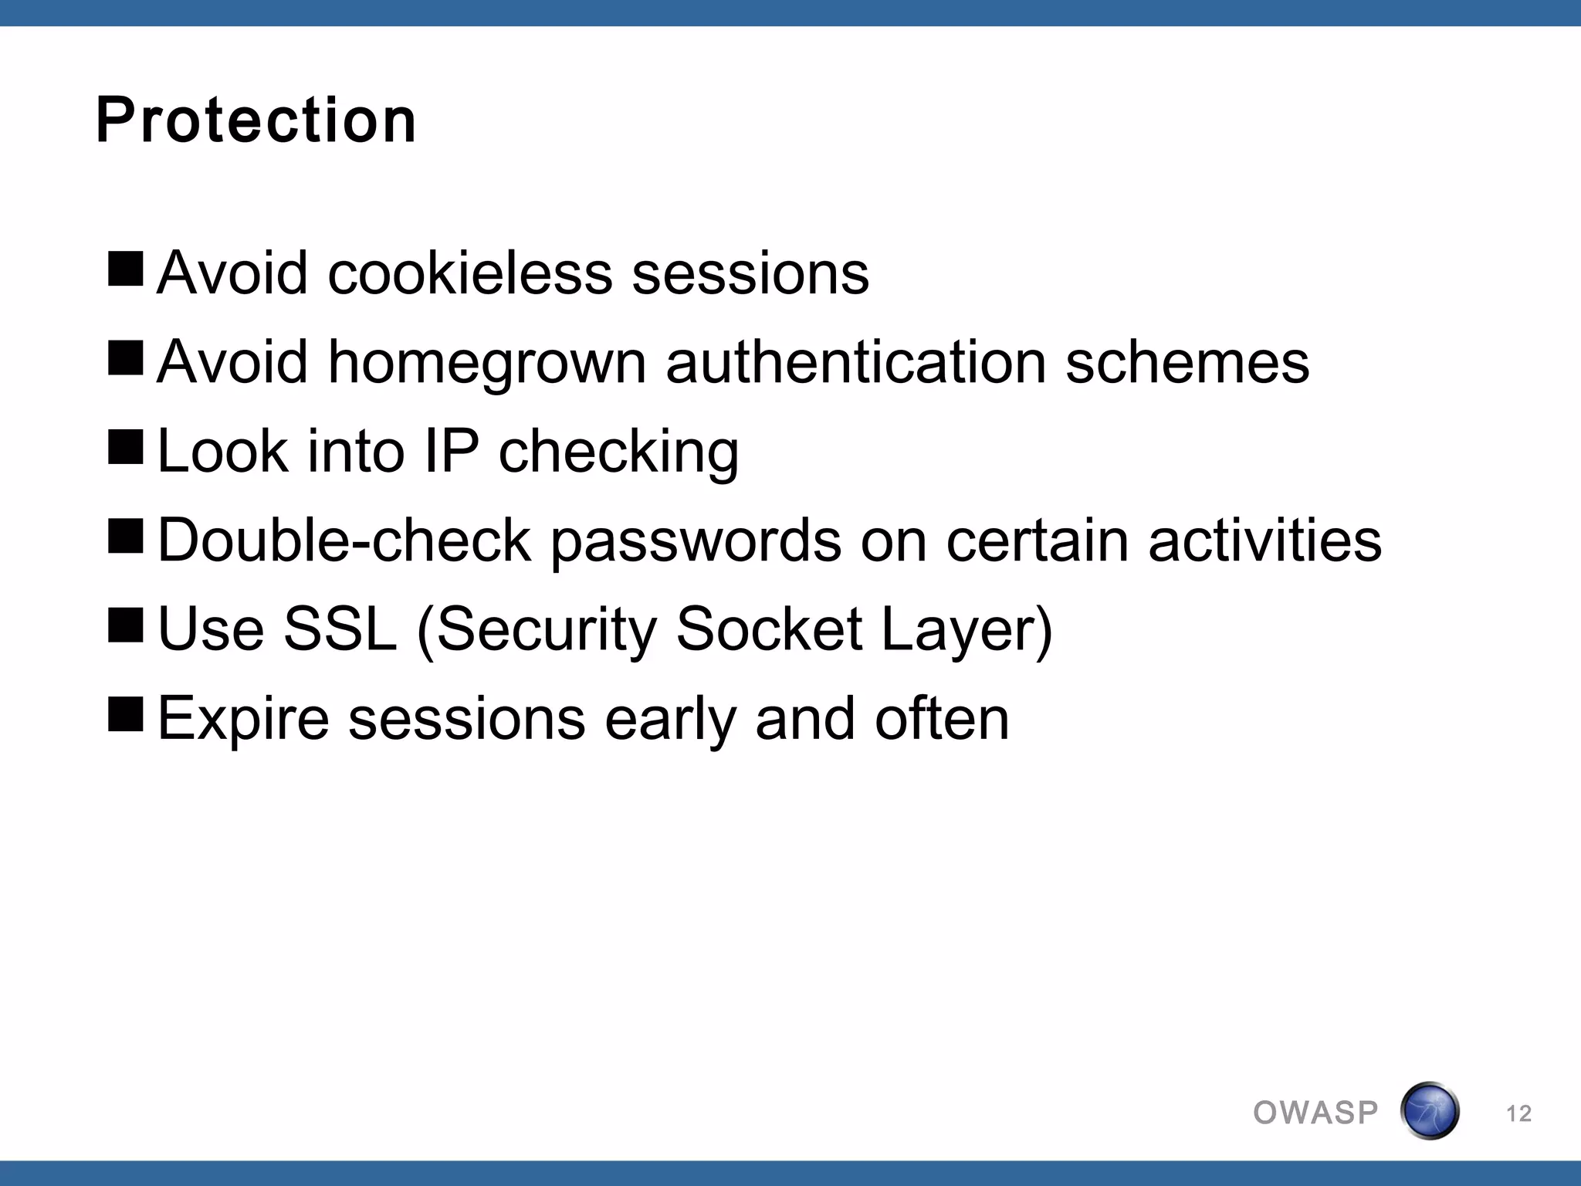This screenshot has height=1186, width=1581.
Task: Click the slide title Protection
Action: tap(256, 120)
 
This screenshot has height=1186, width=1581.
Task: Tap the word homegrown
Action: tap(486, 363)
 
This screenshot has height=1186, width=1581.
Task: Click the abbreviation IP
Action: tap(451, 451)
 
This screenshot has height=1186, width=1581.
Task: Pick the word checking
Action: tap(618, 452)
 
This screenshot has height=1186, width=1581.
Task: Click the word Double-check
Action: tap(344, 540)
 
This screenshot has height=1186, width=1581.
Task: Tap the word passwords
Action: tap(696, 541)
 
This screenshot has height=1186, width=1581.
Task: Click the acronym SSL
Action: tap(340, 629)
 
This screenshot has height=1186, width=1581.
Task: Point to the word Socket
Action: tap(769, 629)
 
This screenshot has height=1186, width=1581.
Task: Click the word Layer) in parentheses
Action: tap(967, 630)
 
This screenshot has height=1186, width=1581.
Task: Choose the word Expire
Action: tap(243, 719)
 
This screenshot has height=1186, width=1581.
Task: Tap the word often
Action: tap(942, 717)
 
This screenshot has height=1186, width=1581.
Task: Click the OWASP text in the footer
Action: tap(1315, 1113)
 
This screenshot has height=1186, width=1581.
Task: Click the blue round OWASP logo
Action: tap(1429, 1111)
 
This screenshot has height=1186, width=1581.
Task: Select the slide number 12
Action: tap(1518, 1113)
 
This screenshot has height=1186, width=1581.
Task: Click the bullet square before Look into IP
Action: tap(126, 447)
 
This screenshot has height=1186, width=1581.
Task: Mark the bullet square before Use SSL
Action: tap(126, 625)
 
